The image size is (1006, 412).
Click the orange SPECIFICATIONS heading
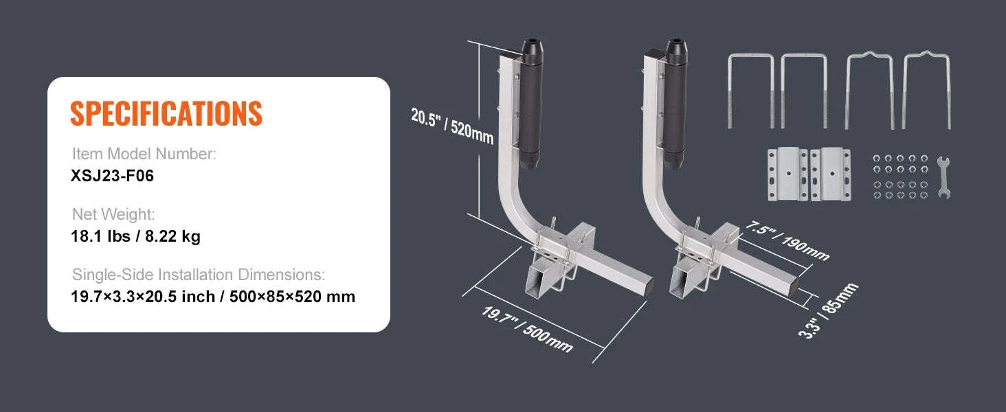166,113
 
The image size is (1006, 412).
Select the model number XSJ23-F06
112,176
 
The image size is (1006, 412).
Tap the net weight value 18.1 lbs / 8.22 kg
135,237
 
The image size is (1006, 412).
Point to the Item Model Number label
144,154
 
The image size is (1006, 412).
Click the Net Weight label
113,215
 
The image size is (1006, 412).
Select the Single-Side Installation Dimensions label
198,275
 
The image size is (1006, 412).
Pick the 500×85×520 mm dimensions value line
213,297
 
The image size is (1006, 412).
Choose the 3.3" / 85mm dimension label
829,311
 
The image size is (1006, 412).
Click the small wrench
943,177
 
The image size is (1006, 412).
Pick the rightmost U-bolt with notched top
927,90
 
